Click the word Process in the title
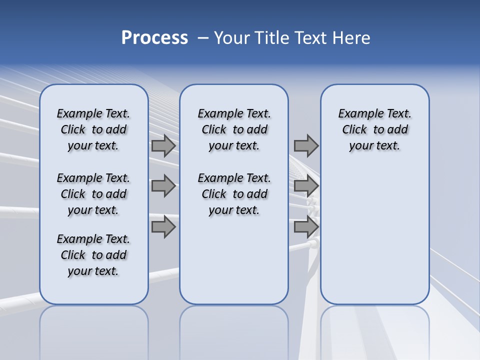point(154,38)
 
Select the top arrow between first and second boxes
point(163,145)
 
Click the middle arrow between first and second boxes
point(163,186)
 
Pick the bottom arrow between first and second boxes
point(163,227)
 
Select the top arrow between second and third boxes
point(306,145)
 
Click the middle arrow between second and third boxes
point(306,186)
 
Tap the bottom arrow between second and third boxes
point(306,227)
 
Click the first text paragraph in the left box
point(93,129)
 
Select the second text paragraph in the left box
point(93,194)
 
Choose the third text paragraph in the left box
point(93,255)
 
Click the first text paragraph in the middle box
point(234,129)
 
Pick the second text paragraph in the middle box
point(234,194)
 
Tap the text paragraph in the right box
point(375,129)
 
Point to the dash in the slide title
point(203,38)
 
